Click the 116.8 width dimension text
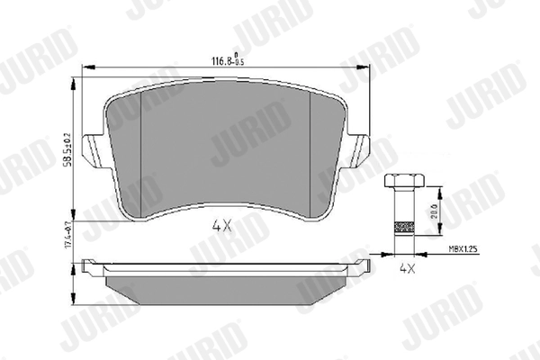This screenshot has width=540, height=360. pos(221,61)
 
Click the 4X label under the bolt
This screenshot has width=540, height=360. pos(407,267)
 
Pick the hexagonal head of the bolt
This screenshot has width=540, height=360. pos(400,179)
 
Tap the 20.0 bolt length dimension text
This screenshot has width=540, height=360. pos(435,209)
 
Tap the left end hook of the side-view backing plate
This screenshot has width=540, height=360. pos(86,266)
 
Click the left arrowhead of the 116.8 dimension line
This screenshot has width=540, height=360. pos(85,69)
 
